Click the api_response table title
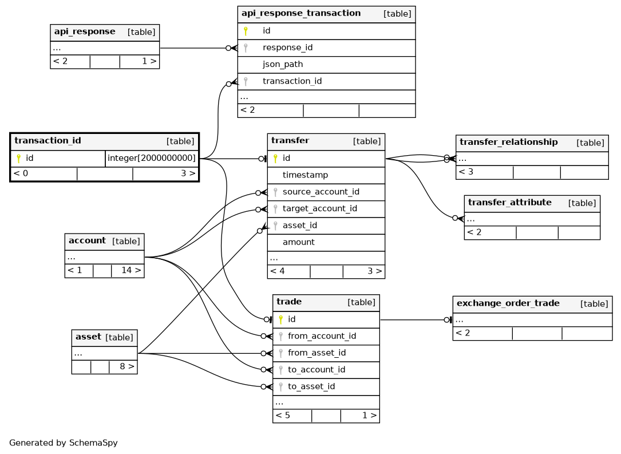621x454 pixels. point(85,31)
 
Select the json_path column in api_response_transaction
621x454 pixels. point(283,64)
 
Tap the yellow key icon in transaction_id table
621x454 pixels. point(19,159)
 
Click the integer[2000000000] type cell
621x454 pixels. point(152,159)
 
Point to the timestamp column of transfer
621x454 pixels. point(306,175)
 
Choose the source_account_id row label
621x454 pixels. point(321,192)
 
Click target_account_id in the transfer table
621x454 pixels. point(319,209)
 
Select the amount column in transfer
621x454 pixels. point(299,242)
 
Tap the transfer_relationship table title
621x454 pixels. point(508,142)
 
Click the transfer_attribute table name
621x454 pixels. point(510,203)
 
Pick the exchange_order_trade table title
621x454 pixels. point(508,303)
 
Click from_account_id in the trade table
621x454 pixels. point(322,336)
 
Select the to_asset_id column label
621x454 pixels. point(311,386)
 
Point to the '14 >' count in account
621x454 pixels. point(131,270)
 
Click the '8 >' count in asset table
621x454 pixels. point(127,366)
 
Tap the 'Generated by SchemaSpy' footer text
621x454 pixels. point(64,443)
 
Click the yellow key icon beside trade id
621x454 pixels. point(281,319)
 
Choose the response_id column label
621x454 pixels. point(287,48)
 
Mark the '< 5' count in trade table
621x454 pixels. point(283,415)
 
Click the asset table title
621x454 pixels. point(88,337)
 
